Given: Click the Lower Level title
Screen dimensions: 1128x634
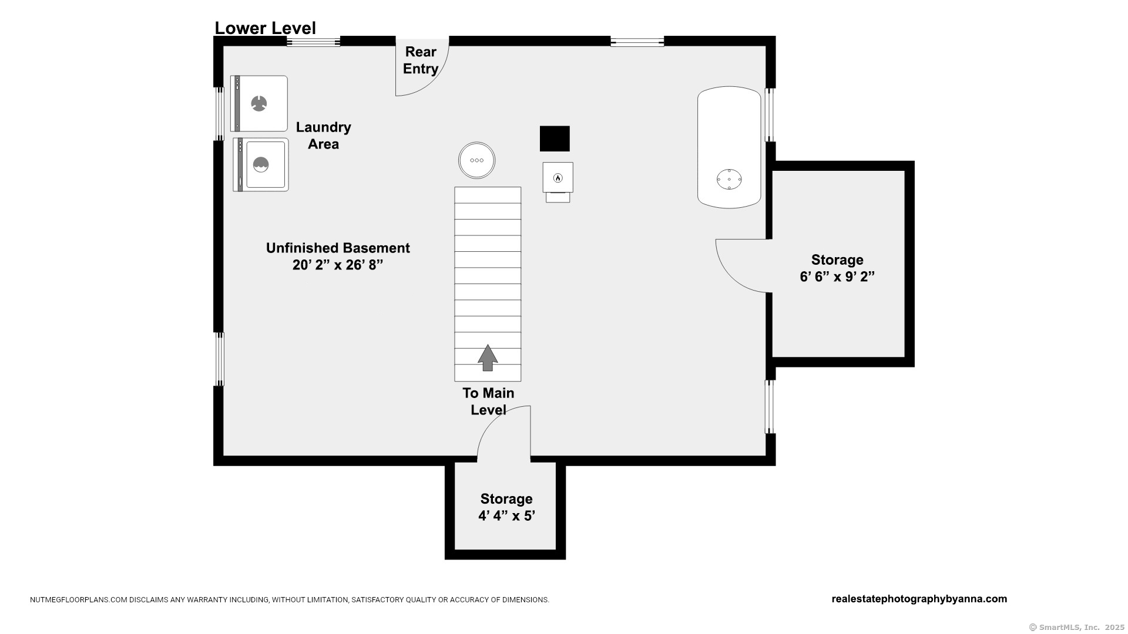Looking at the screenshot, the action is [x=265, y=28].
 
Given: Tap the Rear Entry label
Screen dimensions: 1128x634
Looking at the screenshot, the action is [x=421, y=60].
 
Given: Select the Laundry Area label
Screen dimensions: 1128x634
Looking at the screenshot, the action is [x=323, y=136].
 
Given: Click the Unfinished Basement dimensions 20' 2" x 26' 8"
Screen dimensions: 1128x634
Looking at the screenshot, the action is [x=338, y=265].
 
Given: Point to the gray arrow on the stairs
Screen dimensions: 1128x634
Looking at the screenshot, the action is [x=488, y=358].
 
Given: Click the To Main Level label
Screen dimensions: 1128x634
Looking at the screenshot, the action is [x=488, y=402].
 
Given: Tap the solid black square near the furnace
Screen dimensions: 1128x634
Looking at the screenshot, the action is [x=555, y=139].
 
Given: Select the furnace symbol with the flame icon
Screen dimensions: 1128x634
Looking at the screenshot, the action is [x=558, y=182].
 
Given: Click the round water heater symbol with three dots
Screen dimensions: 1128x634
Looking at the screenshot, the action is [x=477, y=160].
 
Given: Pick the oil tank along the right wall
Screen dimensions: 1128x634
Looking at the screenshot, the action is [x=729, y=147].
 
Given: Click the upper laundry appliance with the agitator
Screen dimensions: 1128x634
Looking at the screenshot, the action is [x=259, y=103].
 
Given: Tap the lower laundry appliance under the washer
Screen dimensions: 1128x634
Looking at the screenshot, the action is [x=261, y=165].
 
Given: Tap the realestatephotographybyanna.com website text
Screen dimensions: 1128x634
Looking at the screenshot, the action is [x=919, y=599].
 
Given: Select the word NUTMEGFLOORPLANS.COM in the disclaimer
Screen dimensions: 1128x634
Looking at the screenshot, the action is [x=79, y=600].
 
